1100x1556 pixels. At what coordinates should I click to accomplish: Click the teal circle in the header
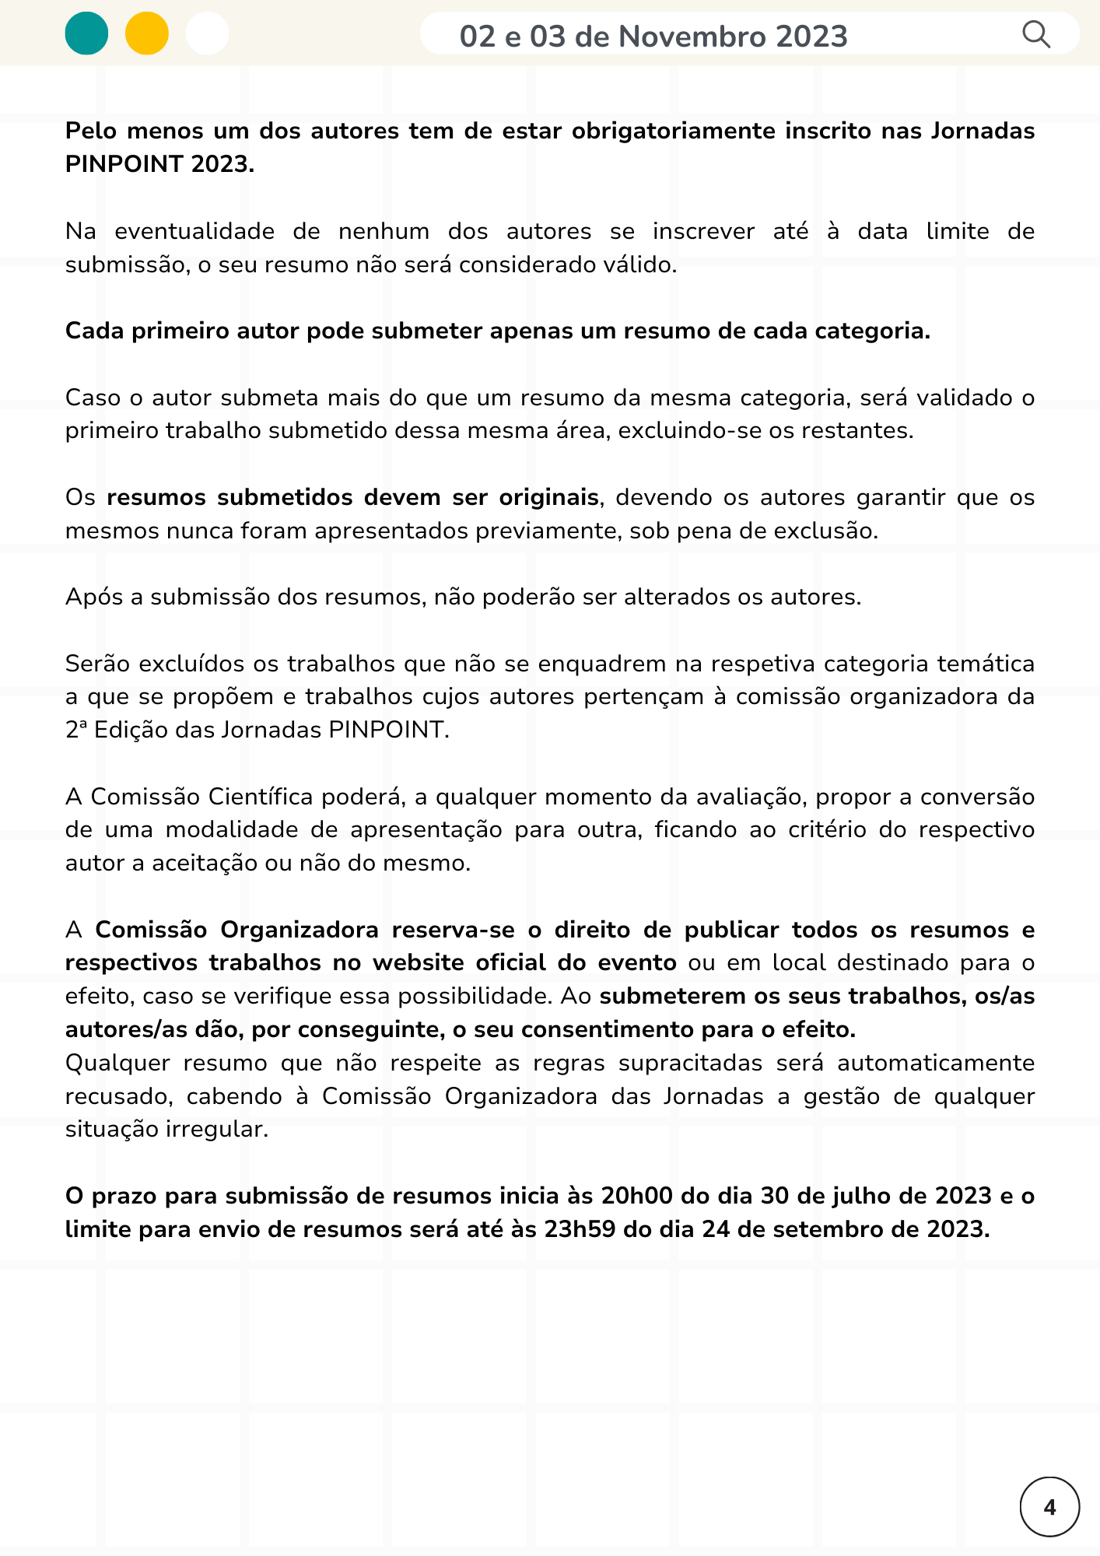(x=86, y=34)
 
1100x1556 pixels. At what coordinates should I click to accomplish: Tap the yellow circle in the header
(x=147, y=34)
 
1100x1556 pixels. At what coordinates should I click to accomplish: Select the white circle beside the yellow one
(x=208, y=34)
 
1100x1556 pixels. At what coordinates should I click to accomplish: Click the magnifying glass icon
(x=1035, y=35)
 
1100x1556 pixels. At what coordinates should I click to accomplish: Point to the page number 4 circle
(x=1049, y=1507)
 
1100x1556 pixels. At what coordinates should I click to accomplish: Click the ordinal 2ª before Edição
(x=76, y=730)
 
